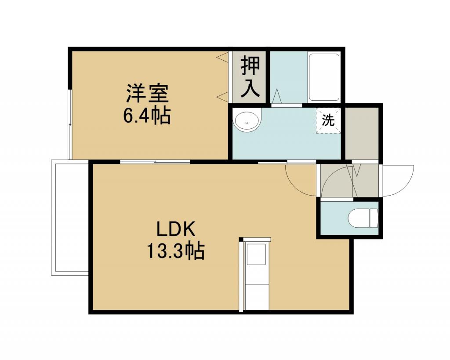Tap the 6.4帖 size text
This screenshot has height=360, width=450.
tap(147, 116)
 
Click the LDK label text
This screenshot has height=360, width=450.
tap(176, 229)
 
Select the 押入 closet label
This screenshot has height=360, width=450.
tap(250, 77)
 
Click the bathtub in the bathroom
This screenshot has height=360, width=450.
tap(324, 77)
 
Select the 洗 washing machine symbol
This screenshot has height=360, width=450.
tap(328, 120)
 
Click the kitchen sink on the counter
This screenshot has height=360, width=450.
tap(257, 255)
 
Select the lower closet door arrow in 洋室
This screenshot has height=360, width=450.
tap(222, 97)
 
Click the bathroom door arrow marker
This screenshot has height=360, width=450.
tap(277, 96)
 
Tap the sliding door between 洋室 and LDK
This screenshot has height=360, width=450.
tap(155, 162)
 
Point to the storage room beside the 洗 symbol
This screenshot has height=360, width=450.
tap(362, 133)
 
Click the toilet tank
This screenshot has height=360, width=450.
tap(374, 218)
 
